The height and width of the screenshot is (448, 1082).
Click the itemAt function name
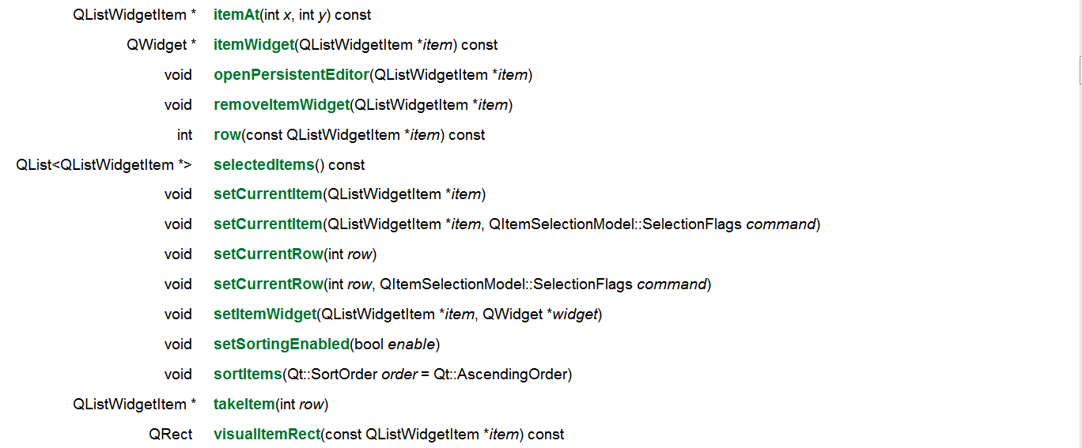click(x=236, y=15)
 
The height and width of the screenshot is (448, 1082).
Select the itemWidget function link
click(x=253, y=45)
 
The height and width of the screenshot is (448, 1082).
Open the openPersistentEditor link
click(x=291, y=75)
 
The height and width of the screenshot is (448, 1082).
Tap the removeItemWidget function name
click(x=281, y=105)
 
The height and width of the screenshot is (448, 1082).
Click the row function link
click(x=227, y=135)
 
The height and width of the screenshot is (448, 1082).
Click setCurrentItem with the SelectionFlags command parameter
click(x=268, y=224)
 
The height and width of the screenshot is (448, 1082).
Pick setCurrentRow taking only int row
click(x=268, y=254)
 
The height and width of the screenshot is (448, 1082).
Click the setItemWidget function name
click(x=265, y=314)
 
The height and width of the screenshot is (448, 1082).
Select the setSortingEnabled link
click(x=281, y=344)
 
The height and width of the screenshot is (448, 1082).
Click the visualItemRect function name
click(x=267, y=435)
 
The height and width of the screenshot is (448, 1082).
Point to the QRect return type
click(x=171, y=435)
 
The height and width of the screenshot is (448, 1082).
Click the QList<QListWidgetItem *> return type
click(x=104, y=165)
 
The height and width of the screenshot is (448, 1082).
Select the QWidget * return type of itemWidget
click(x=161, y=45)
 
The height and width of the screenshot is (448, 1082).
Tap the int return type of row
click(x=184, y=135)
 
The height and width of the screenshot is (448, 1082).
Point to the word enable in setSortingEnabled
click(x=411, y=344)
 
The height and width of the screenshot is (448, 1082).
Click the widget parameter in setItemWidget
click(x=575, y=314)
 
